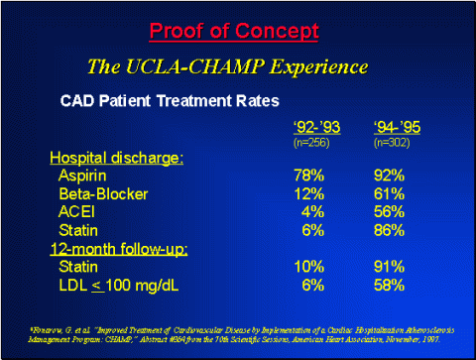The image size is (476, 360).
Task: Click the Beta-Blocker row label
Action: (x=100, y=193)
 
